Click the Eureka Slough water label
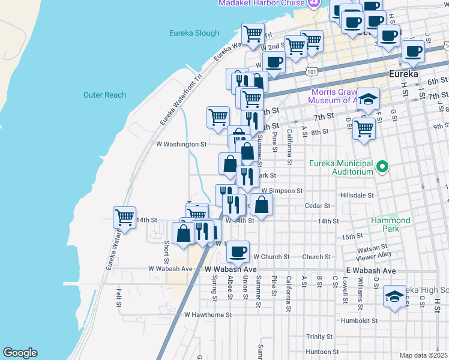tap(194, 33)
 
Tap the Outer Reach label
tap(104, 95)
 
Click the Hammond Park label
tap(390, 224)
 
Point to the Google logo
tap(20, 353)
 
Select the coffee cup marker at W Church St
tap(238, 251)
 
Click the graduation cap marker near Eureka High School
tap(394, 296)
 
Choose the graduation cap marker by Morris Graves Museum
tap(369, 98)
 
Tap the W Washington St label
tap(181, 144)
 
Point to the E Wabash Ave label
tap(370, 271)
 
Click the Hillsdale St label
tap(357, 196)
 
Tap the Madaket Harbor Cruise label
tap(259, 4)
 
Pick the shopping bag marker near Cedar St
tap(262, 206)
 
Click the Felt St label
tap(119, 298)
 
